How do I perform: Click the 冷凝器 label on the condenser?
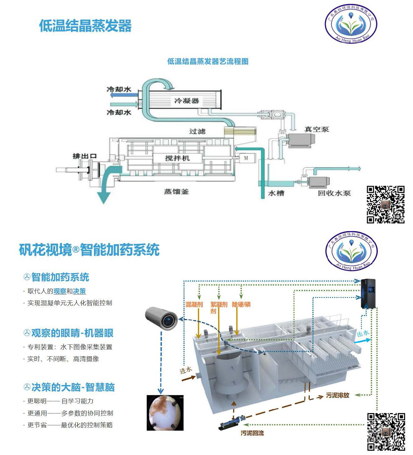186,101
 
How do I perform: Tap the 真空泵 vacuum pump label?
317,129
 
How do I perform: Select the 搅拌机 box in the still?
177,158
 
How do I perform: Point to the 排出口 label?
84,156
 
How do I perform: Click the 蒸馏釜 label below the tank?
176,191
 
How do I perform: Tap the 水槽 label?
276,193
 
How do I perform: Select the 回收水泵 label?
334,193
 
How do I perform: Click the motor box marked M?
246,158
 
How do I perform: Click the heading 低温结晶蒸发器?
85,26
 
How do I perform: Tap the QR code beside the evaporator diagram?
386,205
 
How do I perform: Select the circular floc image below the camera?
165,413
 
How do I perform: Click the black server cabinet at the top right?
368,294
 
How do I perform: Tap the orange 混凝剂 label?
194,304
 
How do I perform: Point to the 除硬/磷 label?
241,304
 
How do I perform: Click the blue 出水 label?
363,334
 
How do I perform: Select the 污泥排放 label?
337,395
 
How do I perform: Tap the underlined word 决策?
79,291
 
